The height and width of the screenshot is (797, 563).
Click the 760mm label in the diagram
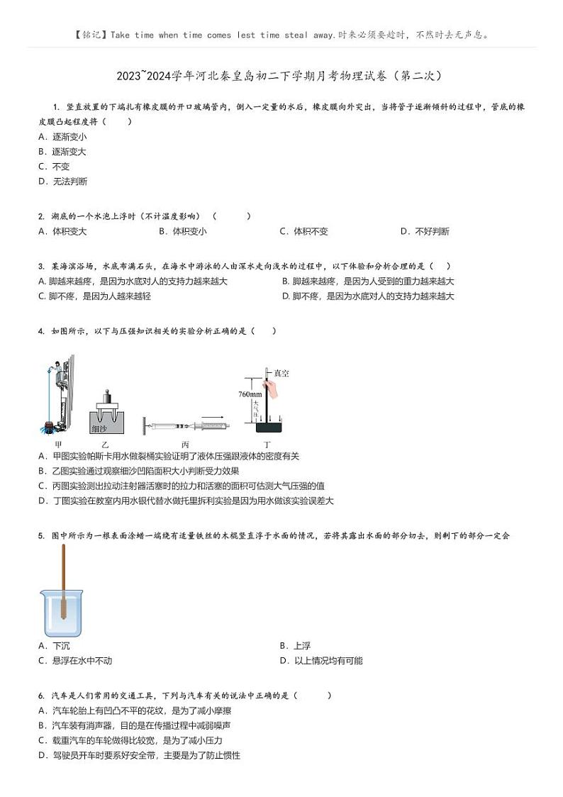[250, 394]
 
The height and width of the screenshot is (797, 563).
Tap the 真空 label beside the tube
[281, 373]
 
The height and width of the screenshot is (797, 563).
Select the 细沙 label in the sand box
[100, 428]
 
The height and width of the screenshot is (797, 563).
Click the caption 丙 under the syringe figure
[185, 444]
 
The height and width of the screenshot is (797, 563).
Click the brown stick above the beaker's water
[63, 567]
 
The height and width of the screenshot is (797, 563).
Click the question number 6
[42, 696]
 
